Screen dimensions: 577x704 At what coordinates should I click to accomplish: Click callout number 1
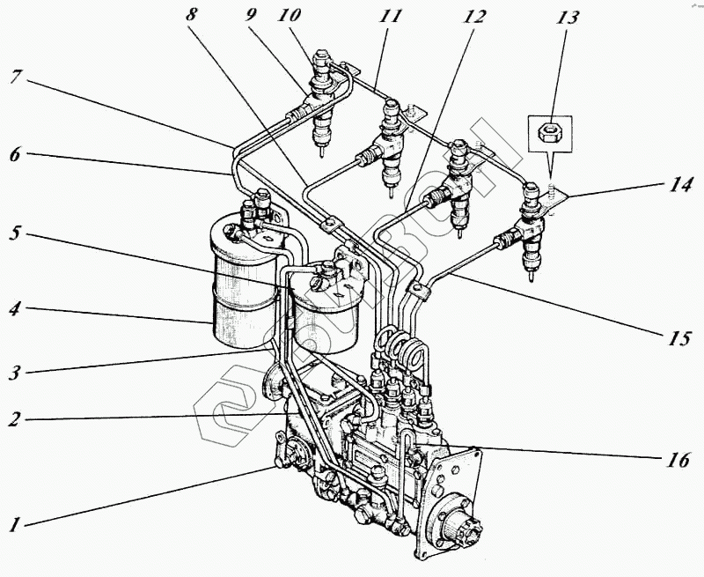coord(15,526)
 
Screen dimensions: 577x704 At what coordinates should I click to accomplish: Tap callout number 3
coord(15,370)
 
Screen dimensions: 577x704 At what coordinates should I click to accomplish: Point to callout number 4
coord(15,310)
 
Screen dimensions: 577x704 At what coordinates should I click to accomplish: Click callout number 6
coord(15,153)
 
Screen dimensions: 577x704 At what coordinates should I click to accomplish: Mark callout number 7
coord(15,78)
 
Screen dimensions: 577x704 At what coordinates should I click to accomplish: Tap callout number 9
coord(253,16)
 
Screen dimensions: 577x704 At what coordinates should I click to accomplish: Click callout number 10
coord(290,16)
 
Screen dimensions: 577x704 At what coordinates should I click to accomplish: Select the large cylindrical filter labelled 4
coord(238,282)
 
